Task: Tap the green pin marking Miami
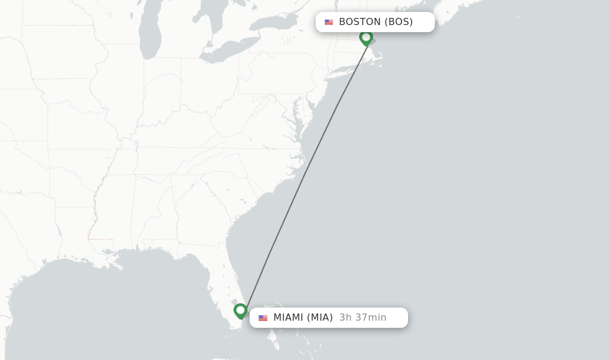(x=240, y=311)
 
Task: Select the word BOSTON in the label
(x=360, y=22)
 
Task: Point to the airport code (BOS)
(x=399, y=22)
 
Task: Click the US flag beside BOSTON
(x=329, y=22)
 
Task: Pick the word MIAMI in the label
(x=288, y=318)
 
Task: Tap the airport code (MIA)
(x=320, y=318)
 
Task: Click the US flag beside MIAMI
(x=263, y=318)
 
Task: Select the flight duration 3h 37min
(x=363, y=318)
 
